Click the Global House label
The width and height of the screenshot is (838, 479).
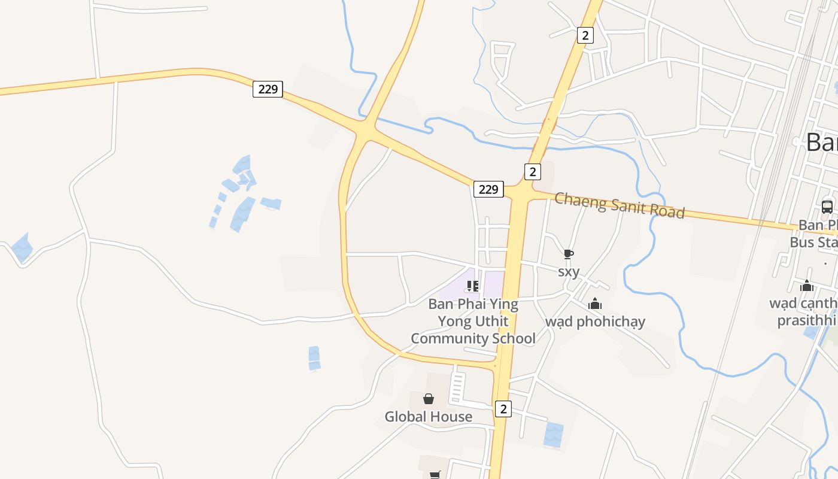click(428, 417)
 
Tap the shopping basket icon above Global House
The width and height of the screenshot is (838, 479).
click(429, 399)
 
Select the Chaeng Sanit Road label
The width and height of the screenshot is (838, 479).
click(620, 205)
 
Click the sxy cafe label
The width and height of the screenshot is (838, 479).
click(569, 272)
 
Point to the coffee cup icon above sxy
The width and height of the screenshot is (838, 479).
click(569, 254)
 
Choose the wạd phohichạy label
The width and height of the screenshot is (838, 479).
click(595, 322)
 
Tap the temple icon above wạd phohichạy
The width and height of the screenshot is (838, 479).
click(594, 304)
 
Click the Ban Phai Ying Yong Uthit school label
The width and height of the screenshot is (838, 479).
click(473, 321)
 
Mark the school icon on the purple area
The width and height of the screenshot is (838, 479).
click(473, 286)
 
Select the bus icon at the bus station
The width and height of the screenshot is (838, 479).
click(827, 207)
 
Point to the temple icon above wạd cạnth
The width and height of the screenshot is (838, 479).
click(807, 286)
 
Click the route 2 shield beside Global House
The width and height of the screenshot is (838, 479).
click(503, 409)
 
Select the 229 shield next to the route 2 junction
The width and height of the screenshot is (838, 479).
click(488, 189)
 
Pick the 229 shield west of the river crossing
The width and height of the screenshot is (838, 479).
click(268, 89)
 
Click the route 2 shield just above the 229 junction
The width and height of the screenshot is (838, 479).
click(532, 172)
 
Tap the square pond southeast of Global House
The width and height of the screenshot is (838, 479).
click(554, 434)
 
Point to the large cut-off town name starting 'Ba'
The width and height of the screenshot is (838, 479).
click(821, 143)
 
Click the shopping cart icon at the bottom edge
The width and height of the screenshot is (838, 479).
click(435, 475)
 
